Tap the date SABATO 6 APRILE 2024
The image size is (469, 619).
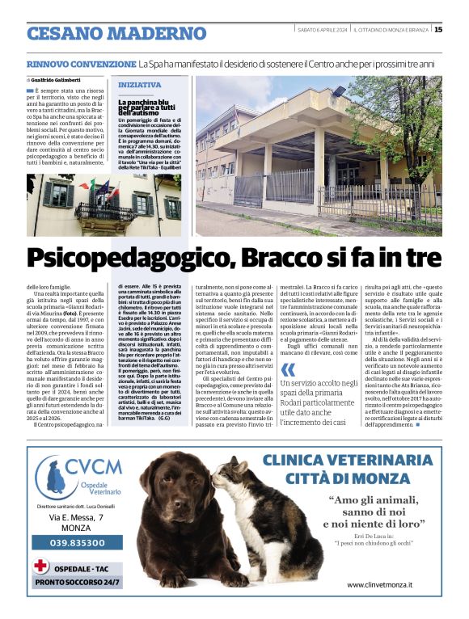click(322, 30)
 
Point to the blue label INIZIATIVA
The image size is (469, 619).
click(139, 84)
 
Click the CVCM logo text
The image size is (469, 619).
click(93, 467)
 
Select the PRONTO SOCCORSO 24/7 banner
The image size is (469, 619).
click(78, 581)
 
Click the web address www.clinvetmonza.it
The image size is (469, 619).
click(379, 583)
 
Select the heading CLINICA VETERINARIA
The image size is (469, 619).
click(353, 460)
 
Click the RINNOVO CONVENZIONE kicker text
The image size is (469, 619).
click(79, 63)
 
